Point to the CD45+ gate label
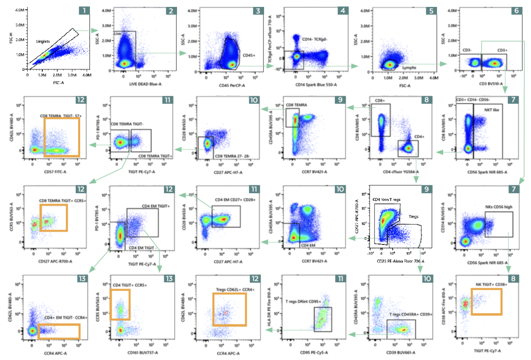tap(248, 56)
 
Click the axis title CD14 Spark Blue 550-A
tap(315, 84)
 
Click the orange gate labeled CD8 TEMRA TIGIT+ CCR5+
tap(53, 217)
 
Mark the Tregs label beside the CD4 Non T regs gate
tap(407, 216)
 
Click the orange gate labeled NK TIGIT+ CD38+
tap(486, 301)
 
